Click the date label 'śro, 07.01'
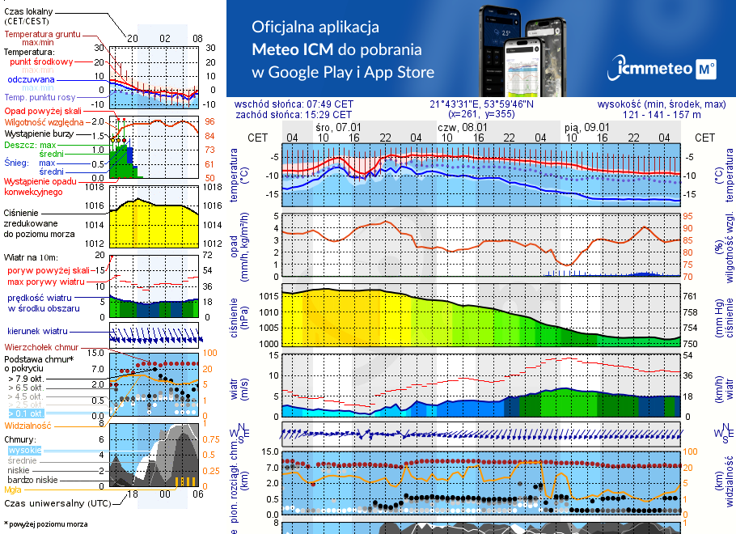pos(338,127)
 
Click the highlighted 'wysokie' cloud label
pos(23,450)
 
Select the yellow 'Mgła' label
pos(13,489)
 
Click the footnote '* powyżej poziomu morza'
pos(45,524)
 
